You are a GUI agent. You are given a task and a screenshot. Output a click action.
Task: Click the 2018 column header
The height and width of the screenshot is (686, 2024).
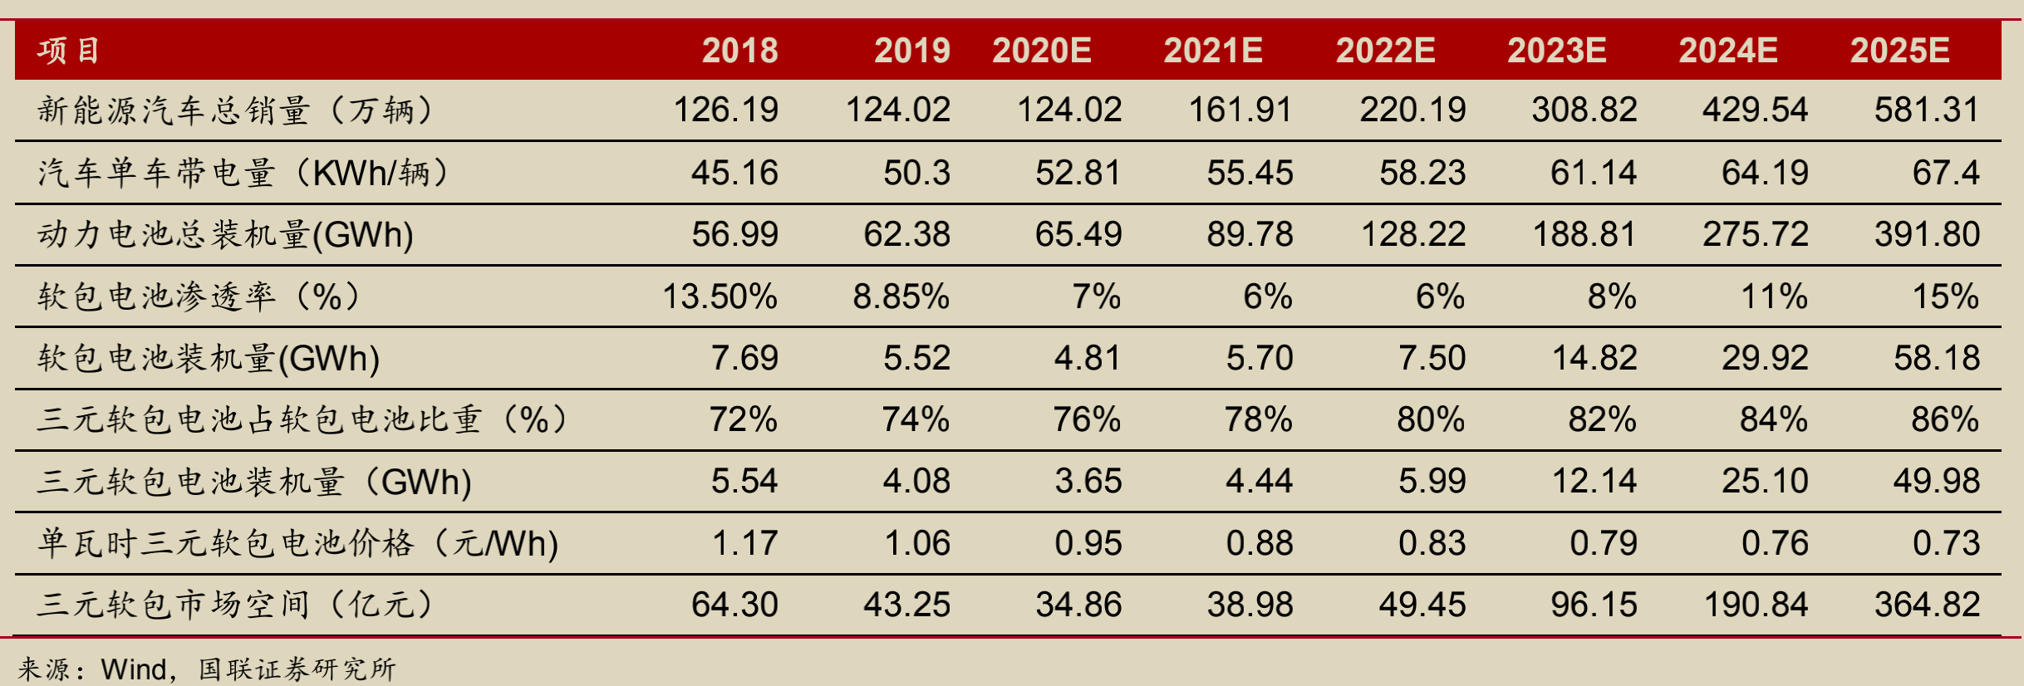pos(739,51)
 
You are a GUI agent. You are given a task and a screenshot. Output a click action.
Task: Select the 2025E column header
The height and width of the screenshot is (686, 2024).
pos(1899,51)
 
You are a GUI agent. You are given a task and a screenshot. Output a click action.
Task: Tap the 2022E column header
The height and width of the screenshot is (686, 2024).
pos(1385,51)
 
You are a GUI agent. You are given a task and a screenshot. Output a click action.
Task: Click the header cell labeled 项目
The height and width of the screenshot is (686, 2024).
pos(69,51)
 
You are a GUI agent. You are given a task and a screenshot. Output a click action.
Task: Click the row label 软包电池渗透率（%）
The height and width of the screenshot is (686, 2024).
pos(199,296)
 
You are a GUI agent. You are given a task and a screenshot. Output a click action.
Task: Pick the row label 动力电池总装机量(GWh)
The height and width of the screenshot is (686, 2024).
pos(225,235)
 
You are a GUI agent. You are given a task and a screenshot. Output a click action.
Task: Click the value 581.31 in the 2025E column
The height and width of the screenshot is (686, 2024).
pos(1926,110)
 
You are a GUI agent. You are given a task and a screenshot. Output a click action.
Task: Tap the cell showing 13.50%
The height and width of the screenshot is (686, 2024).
pos(720,296)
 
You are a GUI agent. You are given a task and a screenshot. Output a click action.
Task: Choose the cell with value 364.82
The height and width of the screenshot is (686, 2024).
pos(1926,605)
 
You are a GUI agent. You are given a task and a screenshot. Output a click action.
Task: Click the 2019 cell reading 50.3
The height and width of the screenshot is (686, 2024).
pos(916,173)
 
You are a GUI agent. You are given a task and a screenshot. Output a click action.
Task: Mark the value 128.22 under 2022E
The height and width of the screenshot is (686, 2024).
pos(1412,235)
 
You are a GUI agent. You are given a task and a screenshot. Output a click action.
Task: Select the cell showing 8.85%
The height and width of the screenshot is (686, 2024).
pos(901,296)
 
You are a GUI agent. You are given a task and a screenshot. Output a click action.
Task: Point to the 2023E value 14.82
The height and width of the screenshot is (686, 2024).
pos(1594,358)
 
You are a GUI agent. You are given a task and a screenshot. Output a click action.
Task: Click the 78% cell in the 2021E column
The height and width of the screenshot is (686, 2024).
pos(1258,419)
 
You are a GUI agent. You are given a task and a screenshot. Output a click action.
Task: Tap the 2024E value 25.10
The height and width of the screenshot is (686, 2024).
pos(1765,481)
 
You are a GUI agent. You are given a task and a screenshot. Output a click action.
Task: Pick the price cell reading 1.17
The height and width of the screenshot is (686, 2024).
pos(744,543)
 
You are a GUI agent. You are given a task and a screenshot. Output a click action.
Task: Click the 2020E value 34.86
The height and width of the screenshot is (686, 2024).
pos(1078,605)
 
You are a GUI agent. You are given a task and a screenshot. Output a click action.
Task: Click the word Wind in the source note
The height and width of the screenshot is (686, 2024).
pos(134,669)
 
